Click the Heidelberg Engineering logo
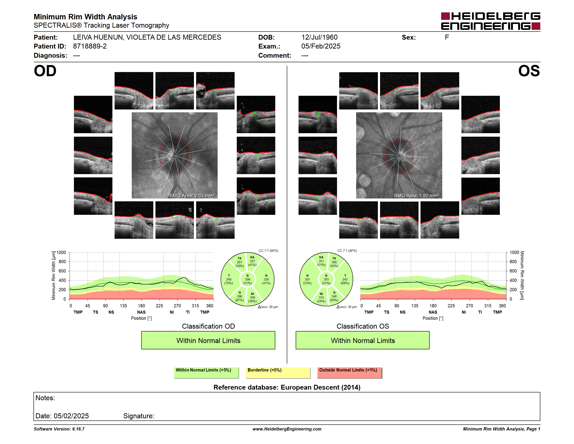(x=491, y=21)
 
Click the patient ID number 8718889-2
(x=90, y=46)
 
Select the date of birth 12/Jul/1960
(x=319, y=37)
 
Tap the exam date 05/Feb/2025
(x=321, y=46)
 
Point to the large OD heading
(x=45, y=71)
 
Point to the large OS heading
(x=529, y=71)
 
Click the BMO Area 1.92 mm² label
(x=416, y=196)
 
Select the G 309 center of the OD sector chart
(x=247, y=279)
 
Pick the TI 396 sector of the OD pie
(x=239, y=296)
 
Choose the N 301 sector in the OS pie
(x=307, y=279)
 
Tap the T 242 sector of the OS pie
(x=345, y=279)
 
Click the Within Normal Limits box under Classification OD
(x=208, y=340)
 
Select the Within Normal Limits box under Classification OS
(x=363, y=340)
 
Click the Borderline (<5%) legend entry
(x=278, y=373)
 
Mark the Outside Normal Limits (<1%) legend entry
(x=350, y=373)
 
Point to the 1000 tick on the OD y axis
(x=61, y=252)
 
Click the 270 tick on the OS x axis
(x=469, y=306)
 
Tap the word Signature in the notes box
(x=139, y=416)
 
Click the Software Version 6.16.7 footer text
(x=59, y=429)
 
